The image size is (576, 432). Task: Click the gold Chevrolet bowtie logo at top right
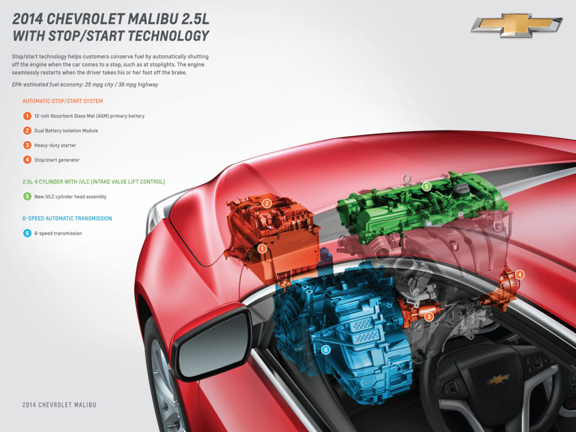516,25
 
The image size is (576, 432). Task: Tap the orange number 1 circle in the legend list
27,116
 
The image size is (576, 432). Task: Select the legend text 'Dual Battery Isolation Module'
66,131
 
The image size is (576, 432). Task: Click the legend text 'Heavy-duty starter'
55,146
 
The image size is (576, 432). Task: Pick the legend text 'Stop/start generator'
57,160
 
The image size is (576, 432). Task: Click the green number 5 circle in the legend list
27,197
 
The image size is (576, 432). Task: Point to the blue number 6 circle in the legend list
27,233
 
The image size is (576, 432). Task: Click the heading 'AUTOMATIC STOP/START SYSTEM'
62,101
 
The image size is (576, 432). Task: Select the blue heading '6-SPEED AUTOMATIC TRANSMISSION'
67,218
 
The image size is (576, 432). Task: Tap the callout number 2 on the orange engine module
268,203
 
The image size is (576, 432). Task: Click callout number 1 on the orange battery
262,248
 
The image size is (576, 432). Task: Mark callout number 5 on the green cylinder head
426,186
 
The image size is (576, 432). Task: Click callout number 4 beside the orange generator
520,274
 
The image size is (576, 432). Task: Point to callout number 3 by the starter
429,317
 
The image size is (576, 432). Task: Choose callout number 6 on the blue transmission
325,350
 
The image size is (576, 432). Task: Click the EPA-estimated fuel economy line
85,84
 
